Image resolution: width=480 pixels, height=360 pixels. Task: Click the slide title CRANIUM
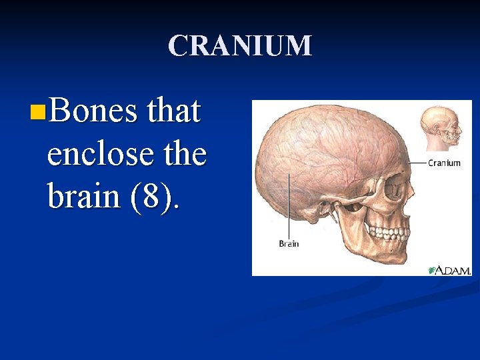tap(240, 46)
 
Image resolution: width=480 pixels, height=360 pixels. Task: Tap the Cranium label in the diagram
tap(444, 163)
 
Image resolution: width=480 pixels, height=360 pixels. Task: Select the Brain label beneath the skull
tap(289, 243)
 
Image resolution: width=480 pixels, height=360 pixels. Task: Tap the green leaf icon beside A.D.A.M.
tap(432, 270)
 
